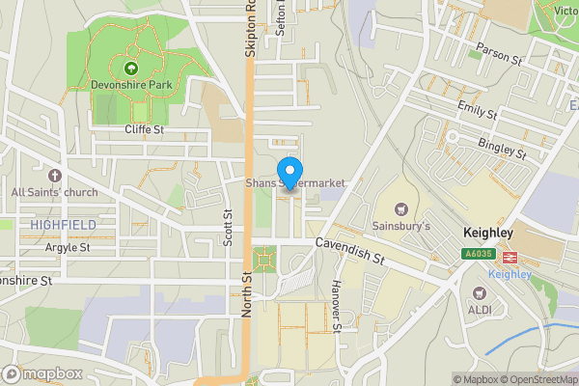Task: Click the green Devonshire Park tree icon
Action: [130, 68]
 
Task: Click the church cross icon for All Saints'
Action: [54, 176]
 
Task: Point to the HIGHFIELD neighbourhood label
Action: [62, 224]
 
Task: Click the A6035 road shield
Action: [478, 255]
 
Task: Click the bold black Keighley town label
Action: [501, 234]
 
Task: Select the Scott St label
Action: [229, 228]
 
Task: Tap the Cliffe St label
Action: [146, 129]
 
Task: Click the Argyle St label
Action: [67, 247]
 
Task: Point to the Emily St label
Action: [477, 109]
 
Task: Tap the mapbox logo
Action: [42, 373]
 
